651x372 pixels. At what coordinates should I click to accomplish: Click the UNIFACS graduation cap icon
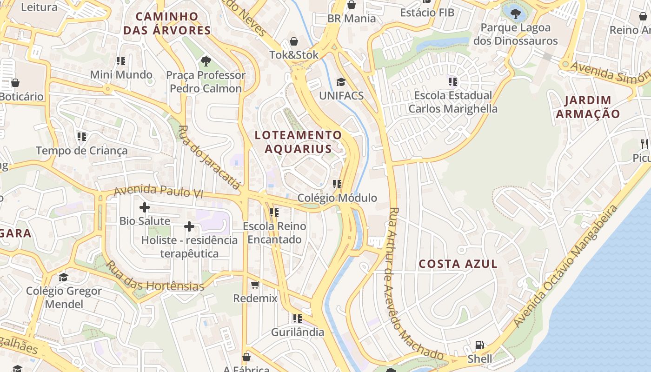point(341,82)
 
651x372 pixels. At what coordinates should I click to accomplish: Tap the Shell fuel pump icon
point(479,345)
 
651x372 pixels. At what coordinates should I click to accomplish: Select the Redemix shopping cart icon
point(255,285)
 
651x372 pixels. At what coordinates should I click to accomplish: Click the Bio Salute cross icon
point(145,207)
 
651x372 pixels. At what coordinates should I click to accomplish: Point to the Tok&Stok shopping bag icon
point(294,41)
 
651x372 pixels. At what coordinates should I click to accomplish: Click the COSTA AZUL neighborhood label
point(458,264)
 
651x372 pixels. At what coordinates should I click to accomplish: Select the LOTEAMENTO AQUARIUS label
point(298,142)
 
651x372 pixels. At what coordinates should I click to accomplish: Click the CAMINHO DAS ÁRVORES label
point(173,24)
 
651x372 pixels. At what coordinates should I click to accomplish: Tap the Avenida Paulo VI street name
point(158,191)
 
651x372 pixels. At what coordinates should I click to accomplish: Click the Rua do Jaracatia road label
point(209,157)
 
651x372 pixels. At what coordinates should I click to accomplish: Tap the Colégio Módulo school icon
point(337,184)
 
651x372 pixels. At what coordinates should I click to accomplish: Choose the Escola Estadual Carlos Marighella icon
point(453,82)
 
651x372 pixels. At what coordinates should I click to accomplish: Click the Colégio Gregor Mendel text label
point(64,298)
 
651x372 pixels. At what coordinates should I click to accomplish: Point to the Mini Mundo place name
point(121,74)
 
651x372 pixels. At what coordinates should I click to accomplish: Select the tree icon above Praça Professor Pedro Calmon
point(206,61)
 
